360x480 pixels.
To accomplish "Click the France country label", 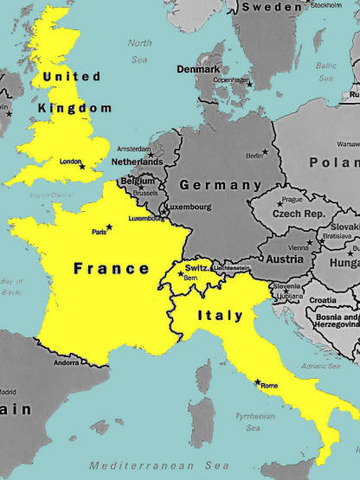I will tap(110, 268).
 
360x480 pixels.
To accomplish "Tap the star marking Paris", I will tap(109, 227).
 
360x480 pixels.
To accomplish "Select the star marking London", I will tap(82, 166).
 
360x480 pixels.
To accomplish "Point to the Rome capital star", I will tap(257, 382).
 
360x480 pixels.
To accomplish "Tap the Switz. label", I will tap(196, 266).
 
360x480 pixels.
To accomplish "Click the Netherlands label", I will tap(136, 161).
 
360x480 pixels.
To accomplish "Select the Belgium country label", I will tap(137, 181).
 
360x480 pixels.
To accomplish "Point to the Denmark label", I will tap(197, 69).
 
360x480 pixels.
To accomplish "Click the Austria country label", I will tap(284, 258).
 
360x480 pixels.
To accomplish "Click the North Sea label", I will tap(140, 50).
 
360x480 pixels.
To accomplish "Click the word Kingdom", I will tap(75, 107).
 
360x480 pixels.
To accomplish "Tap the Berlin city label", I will tap(254, 155).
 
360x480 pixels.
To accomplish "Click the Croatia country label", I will tap(322, 300).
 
